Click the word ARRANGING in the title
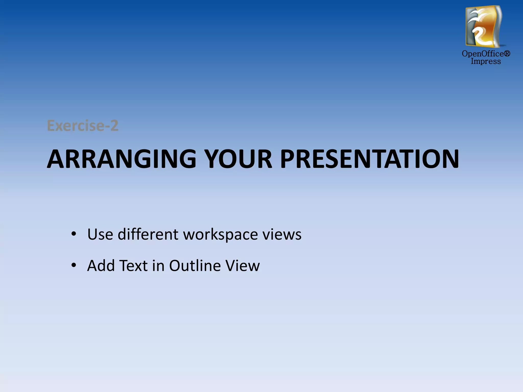[122, 159]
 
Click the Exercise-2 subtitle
[83, 126]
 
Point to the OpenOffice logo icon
[484, 27]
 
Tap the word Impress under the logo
[486, 62]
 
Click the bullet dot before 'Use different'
[74, 234]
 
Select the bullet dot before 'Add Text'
[74, 265]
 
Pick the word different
[148, 234]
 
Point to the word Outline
[195, 266]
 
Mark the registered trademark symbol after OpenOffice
[507, 53]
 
